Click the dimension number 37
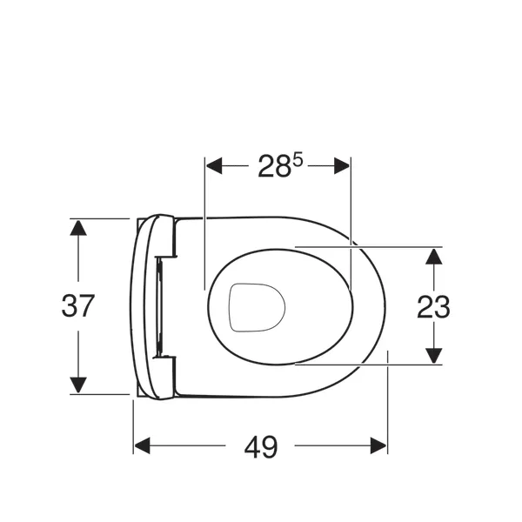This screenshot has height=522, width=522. (78, 306)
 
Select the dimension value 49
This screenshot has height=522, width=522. (261, 446)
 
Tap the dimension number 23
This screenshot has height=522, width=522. (433, 306)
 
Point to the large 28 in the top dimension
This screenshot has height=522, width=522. (273, 166)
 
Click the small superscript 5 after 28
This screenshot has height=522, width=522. (298, 161)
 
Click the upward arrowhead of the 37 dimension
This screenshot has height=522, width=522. (78, 228)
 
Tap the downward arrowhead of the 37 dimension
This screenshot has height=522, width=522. (78, 385)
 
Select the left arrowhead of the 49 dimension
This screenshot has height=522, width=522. (142, 445)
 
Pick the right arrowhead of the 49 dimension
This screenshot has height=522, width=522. (378, 445)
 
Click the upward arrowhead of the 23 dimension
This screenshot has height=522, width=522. (433, 257)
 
